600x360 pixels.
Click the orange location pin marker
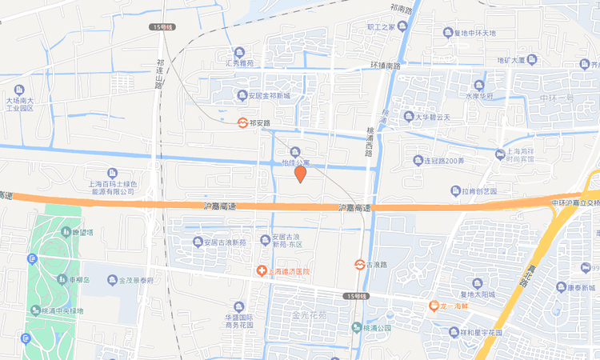[x=301, y=174]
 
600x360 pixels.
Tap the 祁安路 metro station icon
[x=242, y=123]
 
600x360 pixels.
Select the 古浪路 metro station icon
[x=360, y=264]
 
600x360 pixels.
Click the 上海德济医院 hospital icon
[x=261, y=272]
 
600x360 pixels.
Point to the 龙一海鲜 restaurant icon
[x=433, y=306]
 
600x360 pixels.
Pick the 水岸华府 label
[x=480, y=96]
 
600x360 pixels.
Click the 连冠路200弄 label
[x=438, y=161]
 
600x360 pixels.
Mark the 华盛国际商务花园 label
[x=238, y=321]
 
